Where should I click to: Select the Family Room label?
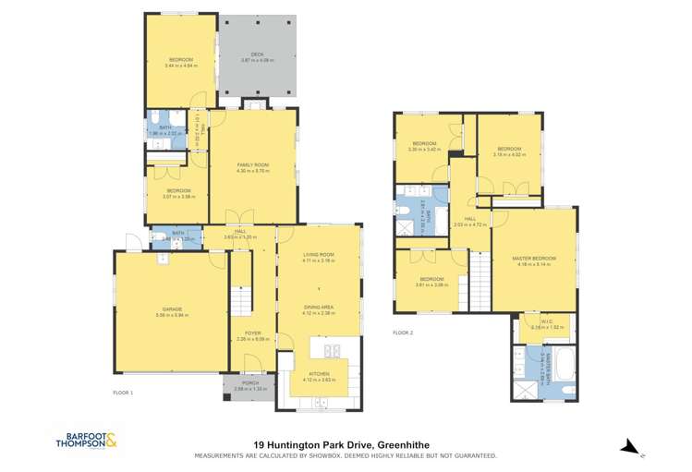click(x=251, y=165)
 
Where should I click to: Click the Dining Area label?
click(x=318, y=310)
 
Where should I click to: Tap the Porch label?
click(x=250, y=382)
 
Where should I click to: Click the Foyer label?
click(x=252, y=333)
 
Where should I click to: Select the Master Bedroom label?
click(x=533, y=259)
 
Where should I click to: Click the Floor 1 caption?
click(x=124, y=393)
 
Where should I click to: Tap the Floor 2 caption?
click(x=404, y=333)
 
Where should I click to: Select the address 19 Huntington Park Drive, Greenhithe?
click(x=345, y=445)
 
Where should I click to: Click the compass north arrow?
click(x=631, y=448)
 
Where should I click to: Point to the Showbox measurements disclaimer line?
click(x=345, y=455)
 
